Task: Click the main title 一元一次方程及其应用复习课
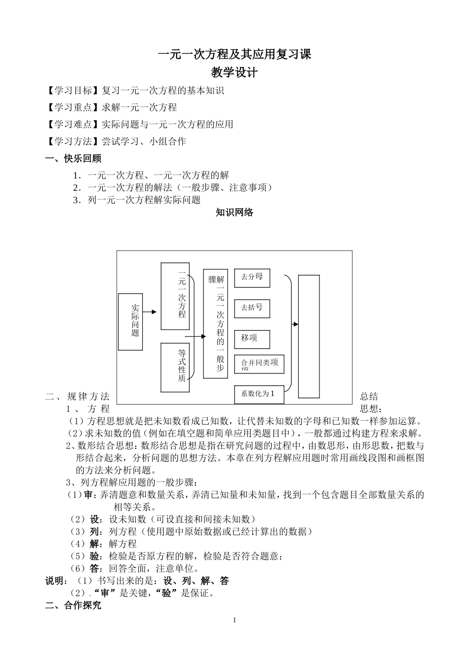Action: [234, 54]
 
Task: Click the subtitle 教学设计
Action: [234, 73]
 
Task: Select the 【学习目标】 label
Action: [72, 91]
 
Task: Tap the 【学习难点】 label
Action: [72, 124]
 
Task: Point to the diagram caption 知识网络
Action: [234, 213]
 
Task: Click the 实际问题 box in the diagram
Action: [131, 322]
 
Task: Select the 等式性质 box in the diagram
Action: [175, 367]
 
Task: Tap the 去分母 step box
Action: [252, 277]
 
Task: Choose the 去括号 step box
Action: [252, 308]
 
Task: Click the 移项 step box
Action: [252, 339]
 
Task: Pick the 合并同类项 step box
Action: [259, 365]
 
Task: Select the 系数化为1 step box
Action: [259, 394]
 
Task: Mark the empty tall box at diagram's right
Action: [309, 336]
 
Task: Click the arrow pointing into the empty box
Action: [295, 324]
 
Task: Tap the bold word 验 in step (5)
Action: [94, 556]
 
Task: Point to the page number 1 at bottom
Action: [234, 620]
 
